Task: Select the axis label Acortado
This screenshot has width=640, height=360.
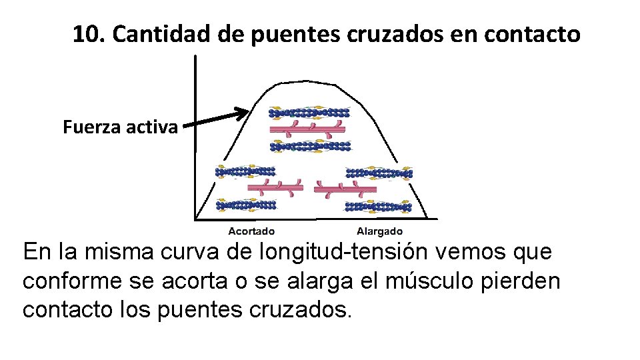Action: pos(251,231)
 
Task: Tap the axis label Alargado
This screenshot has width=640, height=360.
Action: pos(379,231)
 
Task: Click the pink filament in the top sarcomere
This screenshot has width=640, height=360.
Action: pos(308,128)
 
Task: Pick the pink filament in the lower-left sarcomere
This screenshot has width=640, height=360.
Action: pos(275,188)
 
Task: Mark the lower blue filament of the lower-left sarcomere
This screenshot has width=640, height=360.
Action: pos(245,205)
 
